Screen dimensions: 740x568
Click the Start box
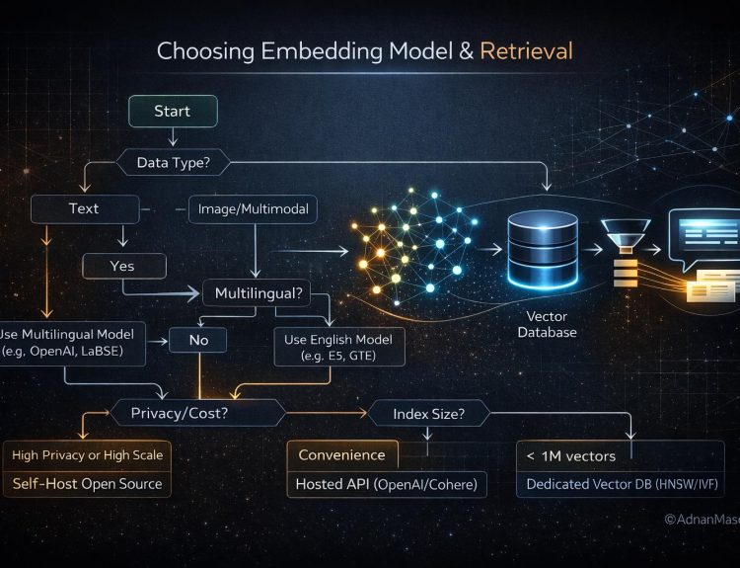point(173,111)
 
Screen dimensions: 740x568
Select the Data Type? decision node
point(174,163)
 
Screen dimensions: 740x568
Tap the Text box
point(85,208)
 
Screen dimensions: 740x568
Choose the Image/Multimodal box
point(253,208)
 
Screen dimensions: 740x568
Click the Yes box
point(124,266)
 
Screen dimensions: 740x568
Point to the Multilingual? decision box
point(258,293)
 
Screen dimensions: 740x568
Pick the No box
point(198,340)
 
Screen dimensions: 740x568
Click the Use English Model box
point(339,347)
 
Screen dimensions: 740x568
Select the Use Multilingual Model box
point(72,344)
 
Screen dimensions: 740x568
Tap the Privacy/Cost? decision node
point(197,413)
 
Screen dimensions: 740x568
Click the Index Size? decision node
point(428,414)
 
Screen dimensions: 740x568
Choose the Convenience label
point(342,455)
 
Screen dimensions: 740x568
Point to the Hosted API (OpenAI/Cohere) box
point(387,484)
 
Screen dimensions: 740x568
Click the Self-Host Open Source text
point(87,484)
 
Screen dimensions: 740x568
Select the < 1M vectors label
point(571,456)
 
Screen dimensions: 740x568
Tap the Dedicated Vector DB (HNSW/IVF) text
point(622,484)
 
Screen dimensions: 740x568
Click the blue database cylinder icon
point(543,249)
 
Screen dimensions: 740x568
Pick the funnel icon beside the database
point(626,236)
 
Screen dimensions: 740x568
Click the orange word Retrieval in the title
point(526,51)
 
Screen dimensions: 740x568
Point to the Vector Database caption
point(547,324)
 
